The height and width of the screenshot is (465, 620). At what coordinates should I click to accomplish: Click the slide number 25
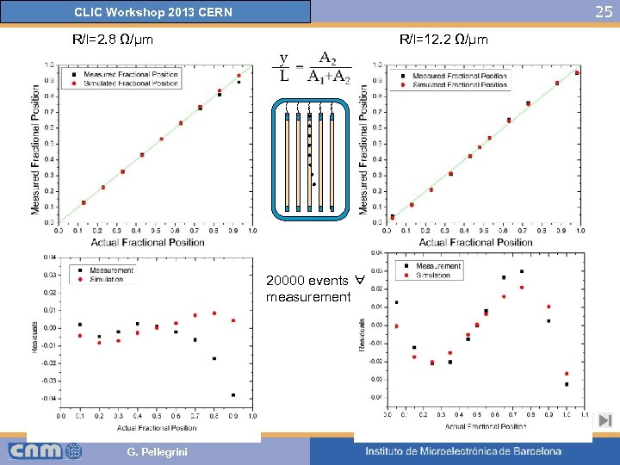pyautogui.click(x=604, y=12)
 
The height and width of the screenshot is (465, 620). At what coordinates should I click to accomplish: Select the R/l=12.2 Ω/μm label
pyautogui.click(x=443, y=40)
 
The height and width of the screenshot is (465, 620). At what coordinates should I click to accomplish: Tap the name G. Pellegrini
pyautogui.click(x=157, y=452)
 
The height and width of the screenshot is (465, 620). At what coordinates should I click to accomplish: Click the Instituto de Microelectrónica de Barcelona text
pyautogui.click(x=463, y=451)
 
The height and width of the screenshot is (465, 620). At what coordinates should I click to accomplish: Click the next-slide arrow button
pyautogui.click(x=604, y=421)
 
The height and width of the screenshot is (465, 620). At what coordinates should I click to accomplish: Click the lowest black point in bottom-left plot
pyautogui.click(x=232, y=395)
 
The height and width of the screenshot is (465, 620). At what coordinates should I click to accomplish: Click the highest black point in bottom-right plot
pyautogui.click(x=522, y=271)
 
